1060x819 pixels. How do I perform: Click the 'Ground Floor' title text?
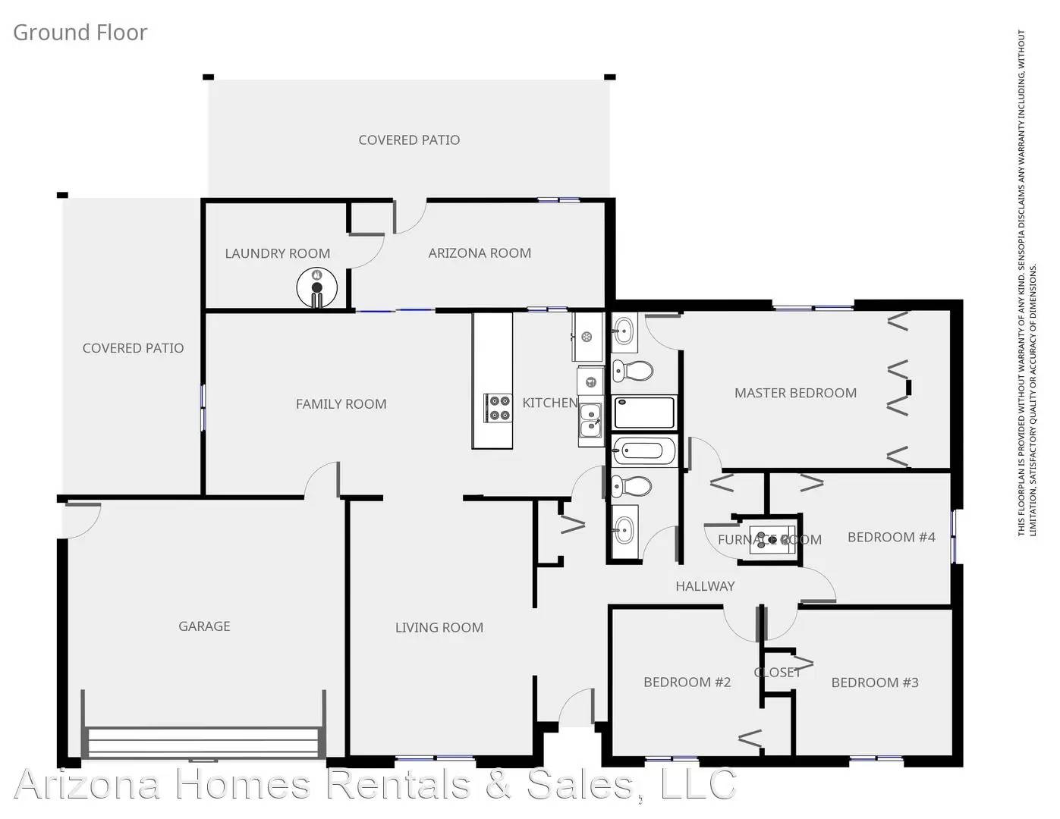[x=80, y=33]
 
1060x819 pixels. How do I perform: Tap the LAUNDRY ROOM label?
[x=277, y=253]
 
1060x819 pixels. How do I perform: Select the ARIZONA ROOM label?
[x=480, y=253]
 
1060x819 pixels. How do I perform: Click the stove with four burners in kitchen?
[x=499, y=407]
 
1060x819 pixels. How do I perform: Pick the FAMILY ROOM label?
[x=341, y=404]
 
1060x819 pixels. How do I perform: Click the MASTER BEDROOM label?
[x=795, y=393]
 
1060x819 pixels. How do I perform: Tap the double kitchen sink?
[x=590, y=420]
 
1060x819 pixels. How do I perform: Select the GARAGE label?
[x=204, y=626]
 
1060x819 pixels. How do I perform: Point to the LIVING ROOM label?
[x=439, y=627]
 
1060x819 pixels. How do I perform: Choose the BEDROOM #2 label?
[x=687, y=682]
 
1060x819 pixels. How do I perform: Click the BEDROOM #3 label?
[x=874, y=682]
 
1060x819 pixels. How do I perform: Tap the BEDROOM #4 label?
[x=891, y=537]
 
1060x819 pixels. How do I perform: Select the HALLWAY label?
[x=705, y=585]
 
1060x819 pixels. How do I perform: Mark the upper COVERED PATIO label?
[x=409, y=140]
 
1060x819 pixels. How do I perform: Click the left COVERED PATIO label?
[x=133, y=348]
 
